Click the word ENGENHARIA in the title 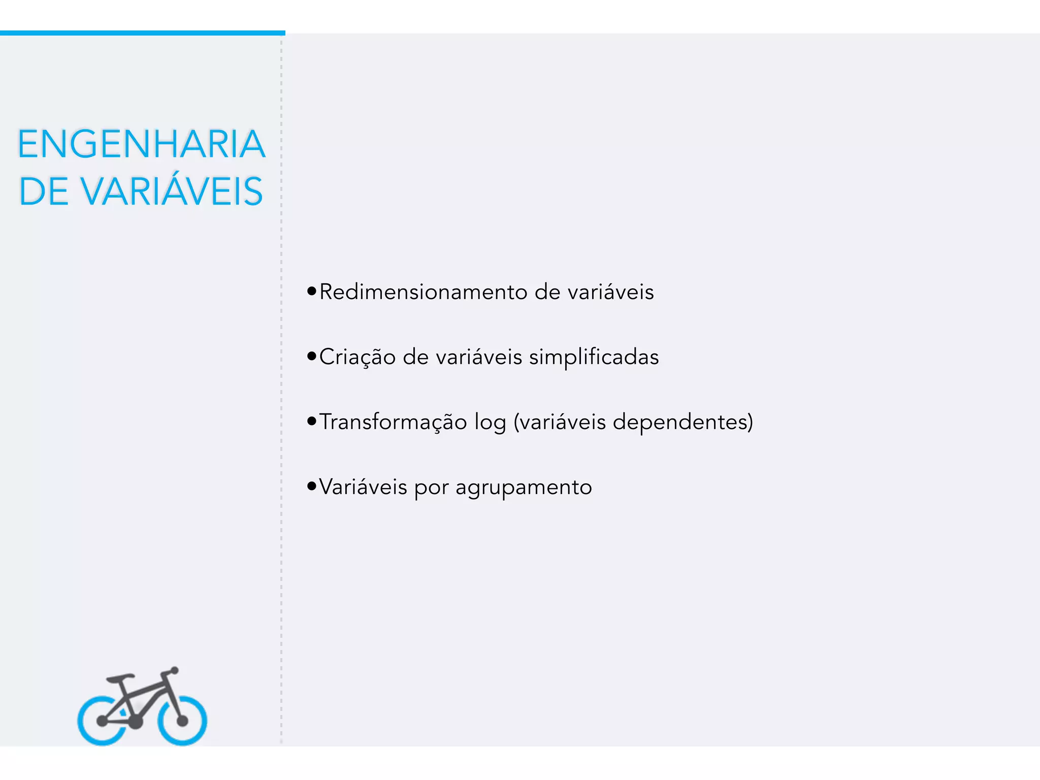click(x=141, y=144)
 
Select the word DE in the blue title click(x=44, y=191)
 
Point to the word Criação click(x=357, y=357)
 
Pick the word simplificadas click(x=594, y=357)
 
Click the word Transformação click(x=393, y=422)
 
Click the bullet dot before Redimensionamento click(x=312, y=291)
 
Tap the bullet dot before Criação click(x=312, y=356)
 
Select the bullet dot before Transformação click(x=312, y=421)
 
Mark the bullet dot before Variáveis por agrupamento click(x=312, y=486)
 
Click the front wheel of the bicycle click(x=182, y=721)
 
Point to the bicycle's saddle click(x=120, y=678)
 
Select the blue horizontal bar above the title click(x=142, y=33)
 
